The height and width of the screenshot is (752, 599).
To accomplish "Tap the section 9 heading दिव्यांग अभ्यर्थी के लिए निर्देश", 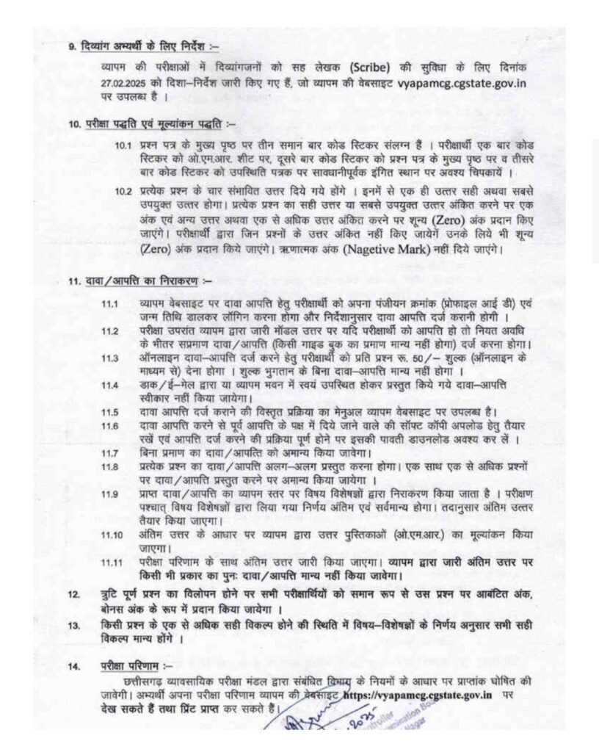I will (143, 46).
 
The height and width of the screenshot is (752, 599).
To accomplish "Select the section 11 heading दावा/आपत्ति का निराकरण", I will (143, 281).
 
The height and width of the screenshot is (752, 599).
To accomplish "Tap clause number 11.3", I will (110, 358).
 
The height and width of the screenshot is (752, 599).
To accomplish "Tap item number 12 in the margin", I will (73, 593).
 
